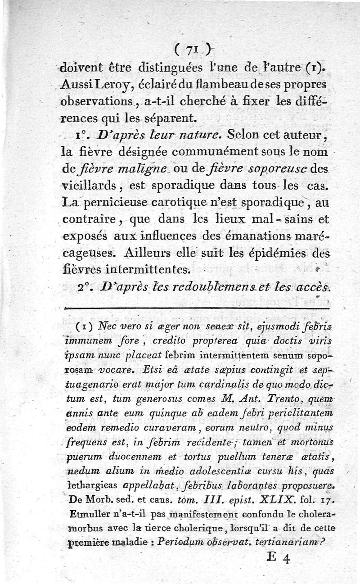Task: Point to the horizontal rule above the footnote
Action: pos(198,308)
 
